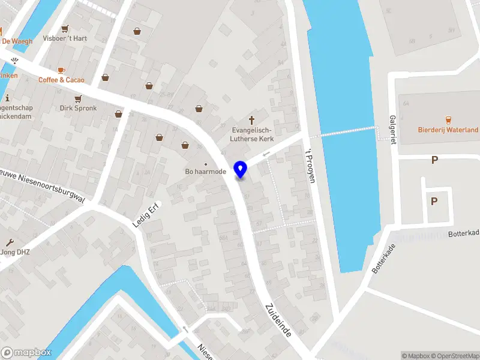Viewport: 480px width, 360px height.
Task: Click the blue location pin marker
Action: [241, 170]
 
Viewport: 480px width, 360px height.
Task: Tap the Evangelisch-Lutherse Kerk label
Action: [252, 134]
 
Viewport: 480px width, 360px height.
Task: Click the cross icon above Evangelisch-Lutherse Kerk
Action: [252, 119]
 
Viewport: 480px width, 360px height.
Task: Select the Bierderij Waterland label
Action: [448, 130]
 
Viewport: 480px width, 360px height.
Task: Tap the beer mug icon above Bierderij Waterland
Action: [448, 119]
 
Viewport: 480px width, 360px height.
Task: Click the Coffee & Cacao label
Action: [62, 80]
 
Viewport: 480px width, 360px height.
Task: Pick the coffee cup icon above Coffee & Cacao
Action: [62, 70]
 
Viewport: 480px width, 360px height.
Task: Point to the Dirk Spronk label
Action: [77, 109]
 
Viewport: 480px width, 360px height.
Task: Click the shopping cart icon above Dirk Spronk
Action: [77, 98]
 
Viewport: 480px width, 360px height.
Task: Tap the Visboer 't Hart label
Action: [65, 38]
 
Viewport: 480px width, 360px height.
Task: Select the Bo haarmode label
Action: [206, 173]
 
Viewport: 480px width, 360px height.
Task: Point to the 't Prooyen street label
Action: [310, 166]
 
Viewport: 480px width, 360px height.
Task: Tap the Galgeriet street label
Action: [393, 130]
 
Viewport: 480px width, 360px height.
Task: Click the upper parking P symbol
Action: [434, 160]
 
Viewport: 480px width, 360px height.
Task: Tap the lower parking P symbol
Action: [434, 202]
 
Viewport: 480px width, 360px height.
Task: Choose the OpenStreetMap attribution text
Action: [457, 356]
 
